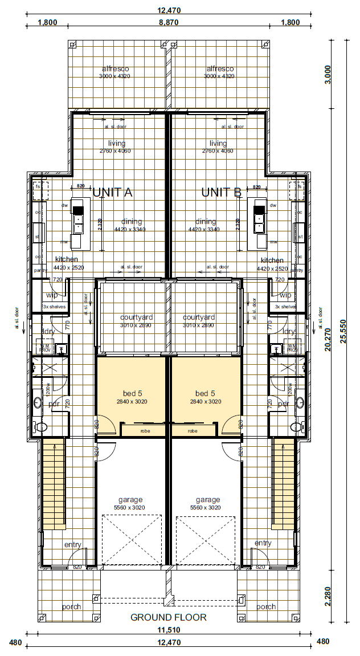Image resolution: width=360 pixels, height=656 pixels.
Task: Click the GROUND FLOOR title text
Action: (168, 617)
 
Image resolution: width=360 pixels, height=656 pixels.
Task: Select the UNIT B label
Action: (222, 193)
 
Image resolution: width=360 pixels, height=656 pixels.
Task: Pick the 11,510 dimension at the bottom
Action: (168, 630)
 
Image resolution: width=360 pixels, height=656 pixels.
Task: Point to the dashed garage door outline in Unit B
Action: (205, 539)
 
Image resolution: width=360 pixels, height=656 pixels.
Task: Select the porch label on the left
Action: (72, 606)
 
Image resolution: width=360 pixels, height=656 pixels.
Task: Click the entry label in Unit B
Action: (263, 543)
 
